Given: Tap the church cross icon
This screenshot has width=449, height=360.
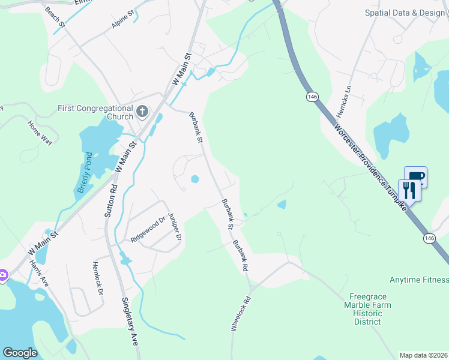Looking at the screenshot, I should coord(142,110).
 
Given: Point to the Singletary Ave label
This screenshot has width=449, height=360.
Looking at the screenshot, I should coord(130,321).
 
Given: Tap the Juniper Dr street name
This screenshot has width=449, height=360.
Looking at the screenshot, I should coord(175,226).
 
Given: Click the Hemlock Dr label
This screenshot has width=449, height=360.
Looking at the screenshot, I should coord(97,277).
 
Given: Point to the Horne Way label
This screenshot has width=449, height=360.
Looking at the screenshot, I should coord(40,133).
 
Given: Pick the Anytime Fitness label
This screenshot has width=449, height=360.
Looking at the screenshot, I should coord(418,280).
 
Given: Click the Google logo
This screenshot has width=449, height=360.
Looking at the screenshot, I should coord(20,353).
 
